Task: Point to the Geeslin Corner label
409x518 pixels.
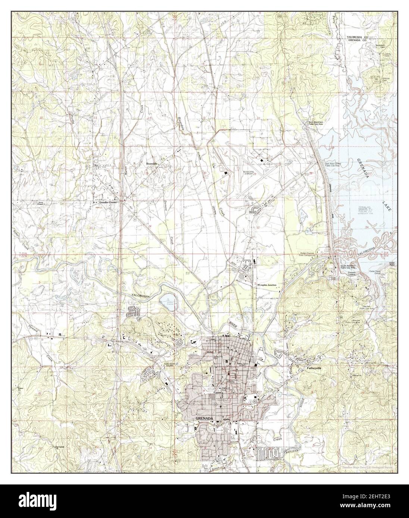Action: pos(105,202)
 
